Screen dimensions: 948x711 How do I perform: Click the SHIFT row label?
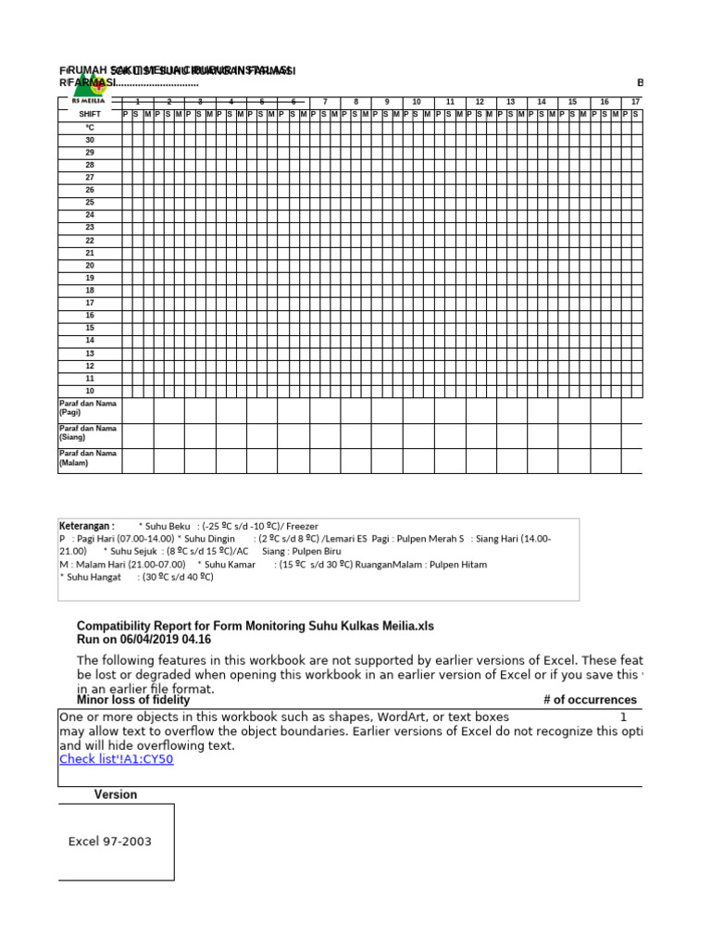click(90, 114)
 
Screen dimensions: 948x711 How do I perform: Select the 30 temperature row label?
click(90, 140)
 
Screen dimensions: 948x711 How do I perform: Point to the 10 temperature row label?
click(90, 391)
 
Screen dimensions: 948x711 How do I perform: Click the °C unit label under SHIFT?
click(90, 127)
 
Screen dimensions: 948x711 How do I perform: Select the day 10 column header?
click(418, 102)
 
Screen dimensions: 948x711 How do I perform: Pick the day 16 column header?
click(604, 102)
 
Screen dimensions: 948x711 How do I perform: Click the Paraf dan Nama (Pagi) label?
click(88, 408)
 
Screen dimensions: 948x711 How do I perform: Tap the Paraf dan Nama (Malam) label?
click(88, 458)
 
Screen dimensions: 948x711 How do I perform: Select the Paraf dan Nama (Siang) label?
click(88, 433)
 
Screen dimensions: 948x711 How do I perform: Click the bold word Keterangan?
click(87, 525)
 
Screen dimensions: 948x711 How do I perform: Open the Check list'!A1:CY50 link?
click(116, 759)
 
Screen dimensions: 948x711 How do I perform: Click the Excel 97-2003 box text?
click(110, 842)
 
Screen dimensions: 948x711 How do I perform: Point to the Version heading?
click(115, 794)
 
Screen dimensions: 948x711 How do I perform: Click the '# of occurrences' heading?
click(590, 700)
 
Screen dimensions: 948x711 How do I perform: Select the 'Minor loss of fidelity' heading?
click(133, 700)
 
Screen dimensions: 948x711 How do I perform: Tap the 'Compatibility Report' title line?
click(255, 627)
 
